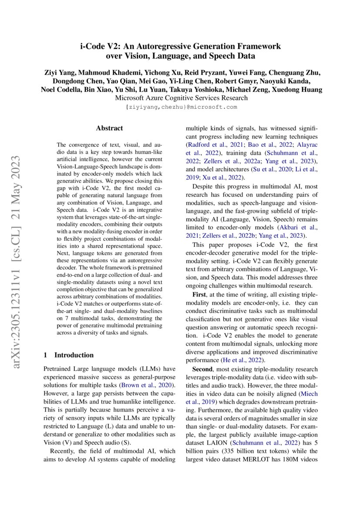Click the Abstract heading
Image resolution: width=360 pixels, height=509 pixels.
(x=109, y=128)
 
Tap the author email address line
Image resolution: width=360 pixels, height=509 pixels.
(x=180, y=107)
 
